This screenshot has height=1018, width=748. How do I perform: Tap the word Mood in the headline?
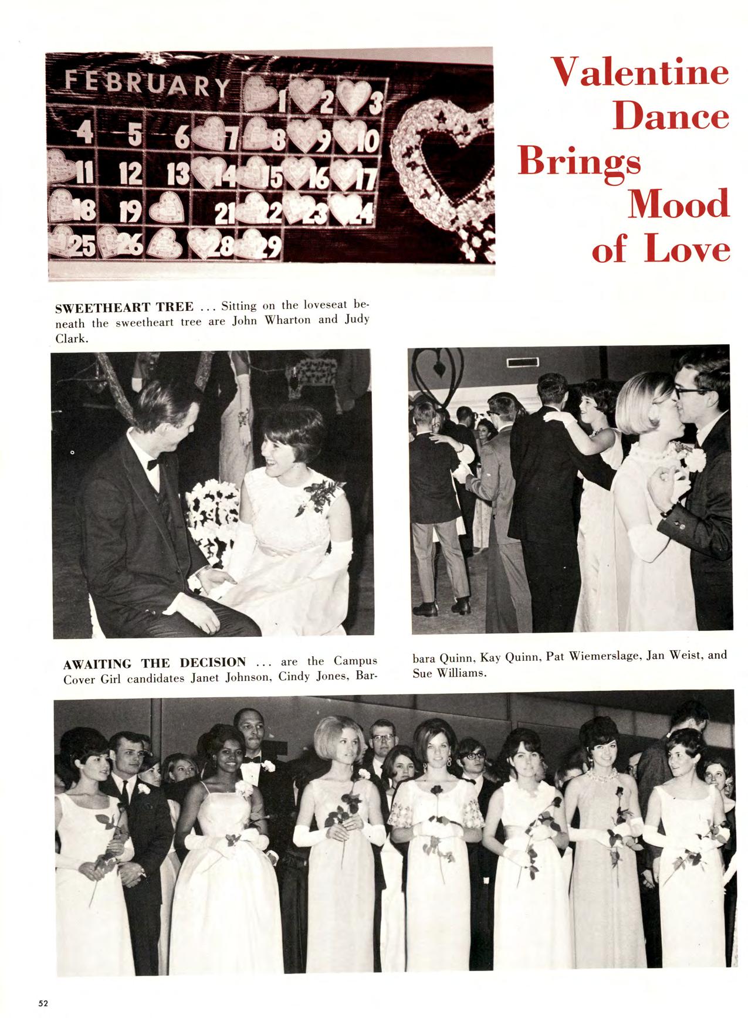[x=679, y=205]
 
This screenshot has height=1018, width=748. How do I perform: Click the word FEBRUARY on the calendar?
[x=147, y=86]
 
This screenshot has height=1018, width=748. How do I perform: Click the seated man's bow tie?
[x=154, y=464]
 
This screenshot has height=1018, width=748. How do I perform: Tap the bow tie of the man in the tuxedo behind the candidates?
[x=253, y=759]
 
